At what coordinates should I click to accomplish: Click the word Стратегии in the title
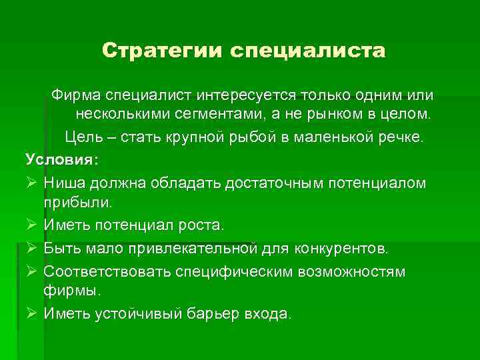pyautogui.click(x=163, y=51)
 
